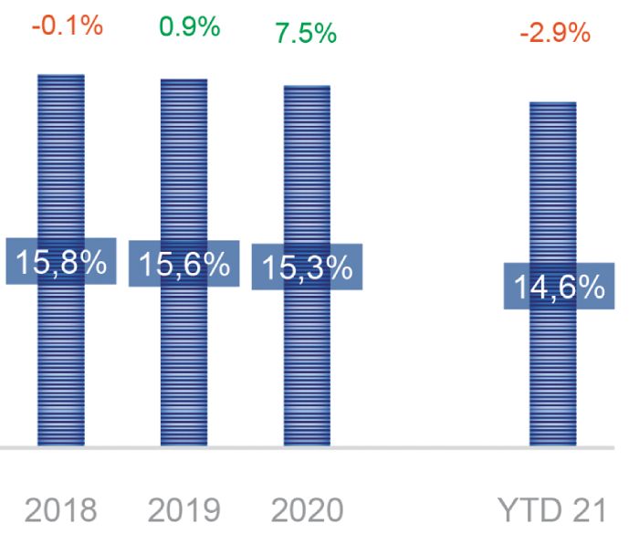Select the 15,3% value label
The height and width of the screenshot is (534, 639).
pos(307,267)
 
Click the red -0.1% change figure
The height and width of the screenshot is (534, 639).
pos(67,26)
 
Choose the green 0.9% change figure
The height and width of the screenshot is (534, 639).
pos(189,26)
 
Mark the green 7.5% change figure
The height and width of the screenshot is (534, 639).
pos(305,34)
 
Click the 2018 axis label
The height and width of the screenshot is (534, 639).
pos(60,509)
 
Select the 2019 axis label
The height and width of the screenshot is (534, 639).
pos(183,509)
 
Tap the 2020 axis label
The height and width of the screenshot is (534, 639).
pos(307,509)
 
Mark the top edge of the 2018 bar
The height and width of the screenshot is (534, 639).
pos(60,75)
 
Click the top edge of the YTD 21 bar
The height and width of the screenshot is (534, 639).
pos(552,103)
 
